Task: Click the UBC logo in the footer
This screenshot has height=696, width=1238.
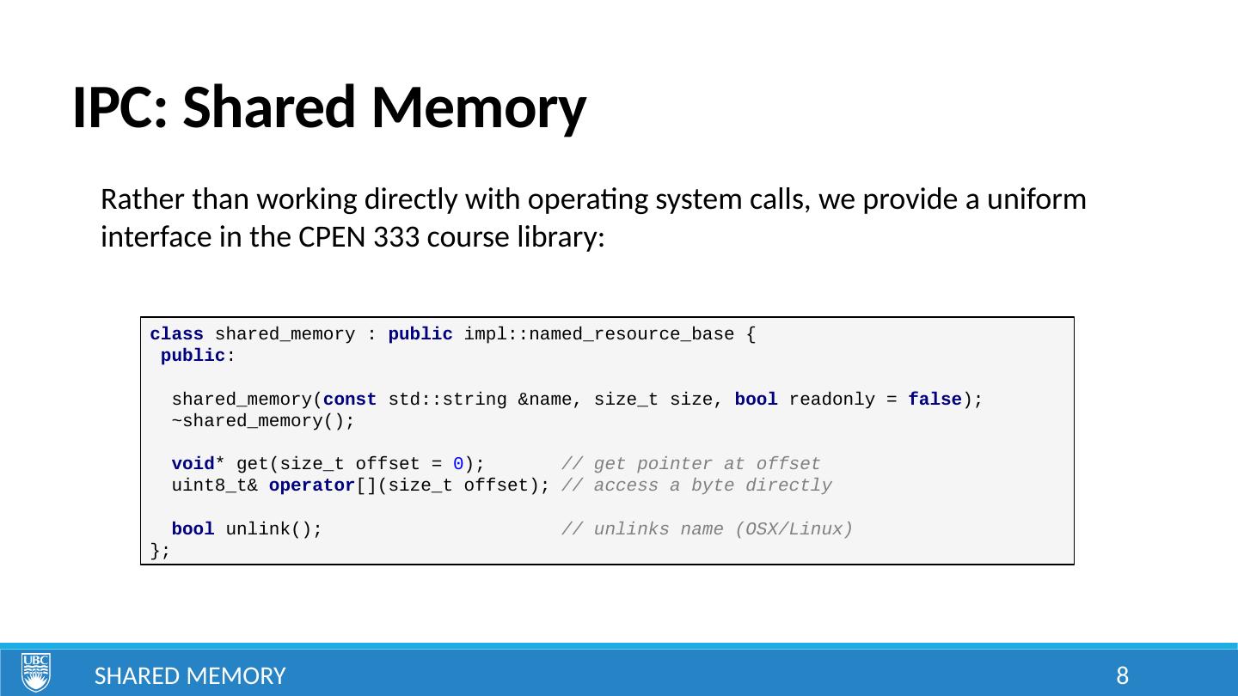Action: [x=36, y=673]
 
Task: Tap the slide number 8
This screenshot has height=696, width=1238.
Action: [x=1122, y=676]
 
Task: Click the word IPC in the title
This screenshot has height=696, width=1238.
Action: [x=119, y=109]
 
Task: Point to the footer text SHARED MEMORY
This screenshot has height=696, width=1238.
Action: [x=190, y=676]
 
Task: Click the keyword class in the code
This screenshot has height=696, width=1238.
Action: [x=176, y=334]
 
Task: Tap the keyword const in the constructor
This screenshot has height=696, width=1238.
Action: [x=350, y=400]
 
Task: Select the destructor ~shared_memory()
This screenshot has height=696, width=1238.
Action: [x=262, y=421]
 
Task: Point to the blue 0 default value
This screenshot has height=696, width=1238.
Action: [x=458, y=465]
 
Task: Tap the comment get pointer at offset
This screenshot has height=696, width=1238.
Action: [x=690, y=465]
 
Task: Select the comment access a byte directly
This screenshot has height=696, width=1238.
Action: [x=696, y=486]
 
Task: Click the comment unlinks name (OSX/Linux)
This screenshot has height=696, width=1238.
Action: [x=707, y=529]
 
